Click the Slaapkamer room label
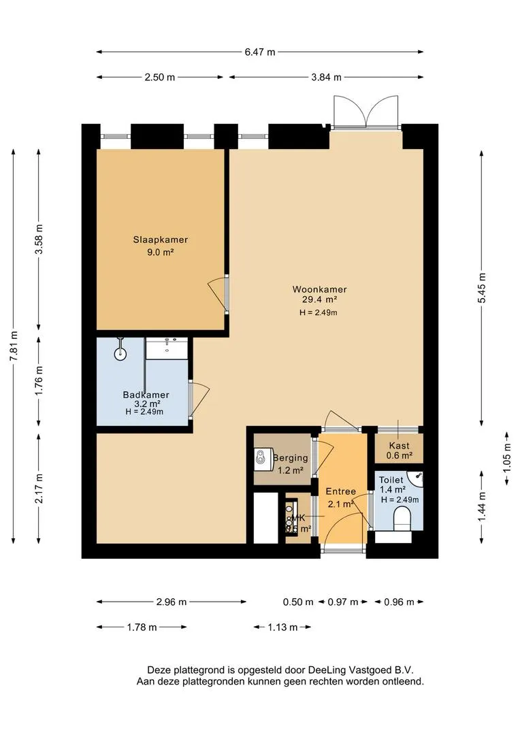coord(160,240)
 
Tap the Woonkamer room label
coord(315,287)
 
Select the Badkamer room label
coord(146,395)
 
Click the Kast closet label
coord(399,446)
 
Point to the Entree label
coord(340,491)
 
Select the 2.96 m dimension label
coord(171,602)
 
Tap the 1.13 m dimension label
coord(282,627)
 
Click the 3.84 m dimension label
coord(326,77)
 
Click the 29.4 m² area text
coord(315,299)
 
